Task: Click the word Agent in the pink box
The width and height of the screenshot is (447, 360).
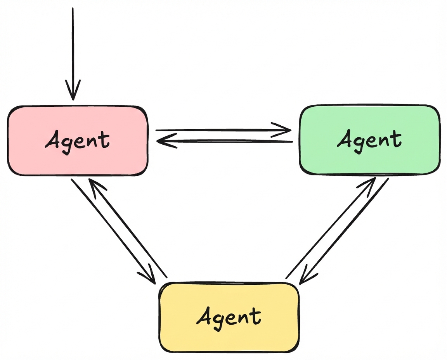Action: pos(77,141)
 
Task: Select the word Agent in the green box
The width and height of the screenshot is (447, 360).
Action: pos(369,140)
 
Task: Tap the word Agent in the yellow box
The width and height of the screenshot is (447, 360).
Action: pos(229,316)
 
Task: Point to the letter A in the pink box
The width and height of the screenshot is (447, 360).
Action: pos(53,140)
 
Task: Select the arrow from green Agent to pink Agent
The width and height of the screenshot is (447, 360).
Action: pos(225,141)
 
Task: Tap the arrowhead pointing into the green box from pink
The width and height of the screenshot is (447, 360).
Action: pos(285,130)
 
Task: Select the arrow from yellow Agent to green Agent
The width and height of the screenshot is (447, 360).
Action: pos(330,229)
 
